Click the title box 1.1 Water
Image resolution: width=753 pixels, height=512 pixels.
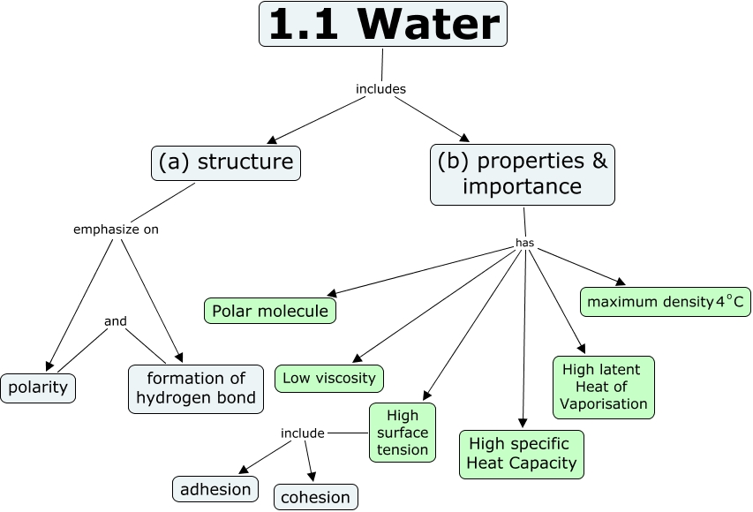coord(383,25)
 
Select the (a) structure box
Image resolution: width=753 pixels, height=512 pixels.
coord(225,162)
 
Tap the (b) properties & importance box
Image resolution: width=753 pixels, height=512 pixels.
coord(522,174)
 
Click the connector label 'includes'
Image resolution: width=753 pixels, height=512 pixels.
coord(380,88)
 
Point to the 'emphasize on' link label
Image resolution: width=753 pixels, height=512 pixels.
coord(116,230)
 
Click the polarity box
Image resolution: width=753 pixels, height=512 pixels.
coord(38,387)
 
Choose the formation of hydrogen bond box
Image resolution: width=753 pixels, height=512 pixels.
coord(196,388)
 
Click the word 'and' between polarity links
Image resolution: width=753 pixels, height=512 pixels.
coord(116,321)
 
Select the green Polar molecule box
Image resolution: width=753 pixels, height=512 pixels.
coord(270,311)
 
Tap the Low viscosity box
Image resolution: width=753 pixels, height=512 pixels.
coord(329,379)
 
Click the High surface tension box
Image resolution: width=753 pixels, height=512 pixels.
coord(403,433)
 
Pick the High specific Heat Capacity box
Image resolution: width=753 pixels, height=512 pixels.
coord(522,453)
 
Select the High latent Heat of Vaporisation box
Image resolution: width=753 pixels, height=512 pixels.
coord(603,387)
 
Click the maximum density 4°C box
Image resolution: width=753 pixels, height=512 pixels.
coord(665,302)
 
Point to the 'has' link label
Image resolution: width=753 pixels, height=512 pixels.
coord(524,243)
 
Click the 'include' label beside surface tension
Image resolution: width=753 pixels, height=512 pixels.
coord(302,433)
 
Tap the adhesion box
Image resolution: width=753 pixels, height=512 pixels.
coord(215,488)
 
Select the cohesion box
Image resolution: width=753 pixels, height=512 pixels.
coord(315,497)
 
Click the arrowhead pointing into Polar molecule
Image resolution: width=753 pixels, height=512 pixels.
coord(330,294)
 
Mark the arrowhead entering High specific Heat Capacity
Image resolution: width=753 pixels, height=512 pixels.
coord(523,425)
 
